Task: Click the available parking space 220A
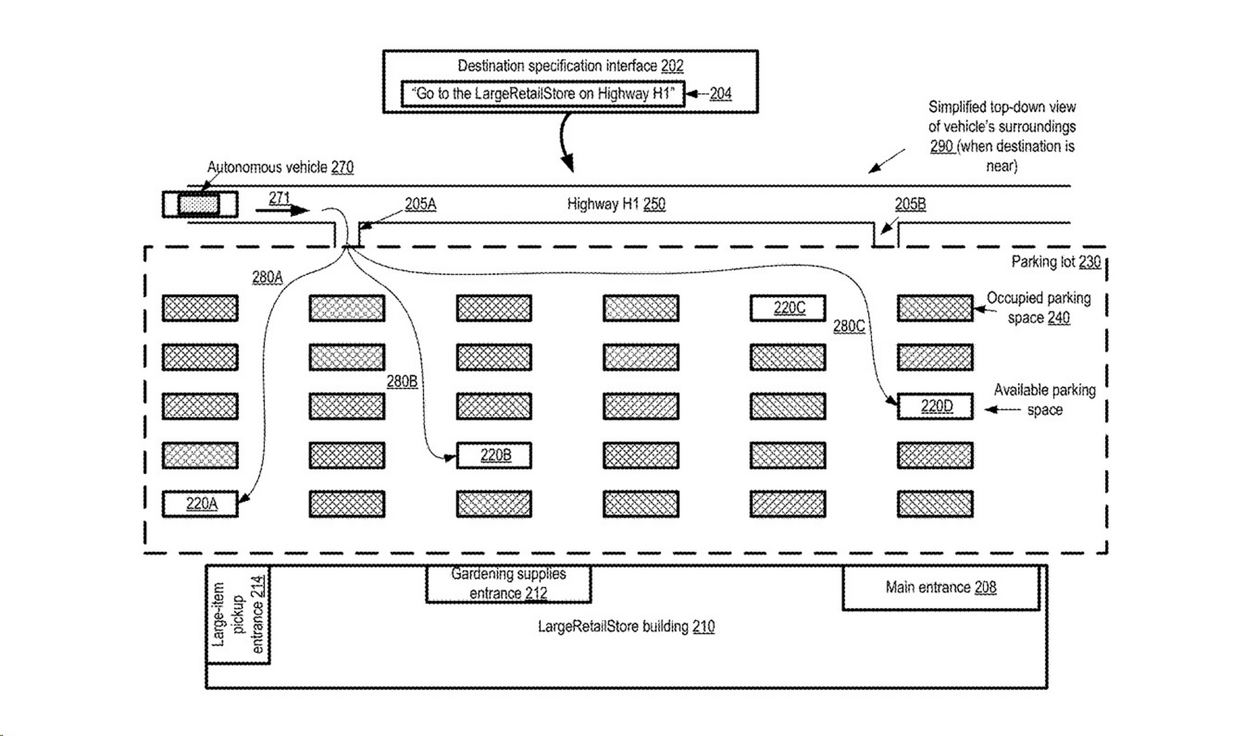200,504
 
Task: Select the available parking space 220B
494,455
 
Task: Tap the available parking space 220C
788,308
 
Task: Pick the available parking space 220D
935,407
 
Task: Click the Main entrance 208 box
941,588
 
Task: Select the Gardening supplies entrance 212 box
509,584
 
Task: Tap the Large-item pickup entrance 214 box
238,616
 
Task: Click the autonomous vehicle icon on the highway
200,204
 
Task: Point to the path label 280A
267,278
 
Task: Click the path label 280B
401,382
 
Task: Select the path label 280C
848,326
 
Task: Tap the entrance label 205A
420,204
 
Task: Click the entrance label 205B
910,204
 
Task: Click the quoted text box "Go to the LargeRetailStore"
543,94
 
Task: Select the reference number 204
720,94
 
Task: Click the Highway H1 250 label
616,204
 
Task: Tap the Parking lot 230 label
1055,262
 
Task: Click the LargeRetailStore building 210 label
626,627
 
